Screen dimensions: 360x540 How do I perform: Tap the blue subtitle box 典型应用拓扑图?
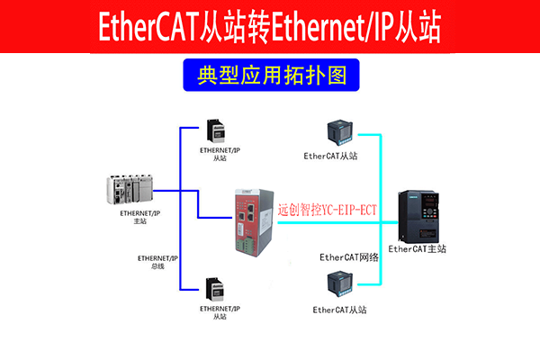[x=270, y=76]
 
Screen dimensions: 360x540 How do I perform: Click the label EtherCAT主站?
[x=417, y=248]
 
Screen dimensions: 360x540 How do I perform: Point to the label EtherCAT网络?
[x=349, y=257]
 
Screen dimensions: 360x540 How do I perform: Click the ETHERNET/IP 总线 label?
[x=157, y=261]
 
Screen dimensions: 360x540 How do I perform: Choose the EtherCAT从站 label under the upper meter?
[x=330, y=156]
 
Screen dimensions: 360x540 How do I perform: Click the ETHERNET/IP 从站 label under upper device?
[x=220, y=154]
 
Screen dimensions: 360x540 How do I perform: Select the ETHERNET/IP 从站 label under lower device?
[x=220, y=312]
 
